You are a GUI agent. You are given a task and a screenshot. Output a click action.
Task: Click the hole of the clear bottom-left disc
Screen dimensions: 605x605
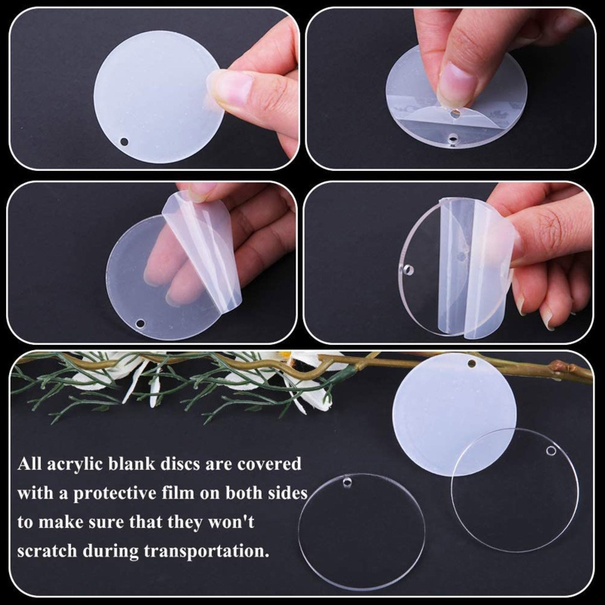pyautogui.click(x=348, y=481)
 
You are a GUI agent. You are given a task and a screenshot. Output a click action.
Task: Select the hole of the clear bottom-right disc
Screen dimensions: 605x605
pyautogui.click(x=551, y=451)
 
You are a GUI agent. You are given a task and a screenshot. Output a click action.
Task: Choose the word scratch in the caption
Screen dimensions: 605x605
pyautogui.click(x=49, y=550)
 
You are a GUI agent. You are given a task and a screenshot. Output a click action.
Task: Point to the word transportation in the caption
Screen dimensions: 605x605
pyautogui.click(x=192, y=550)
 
